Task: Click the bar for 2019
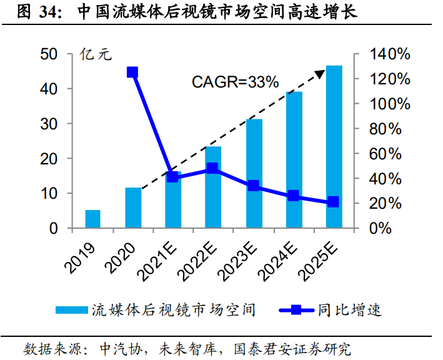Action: (92, 219)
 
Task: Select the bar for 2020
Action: (133, 207)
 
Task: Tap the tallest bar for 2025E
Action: (334, 147)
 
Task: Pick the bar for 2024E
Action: (294, 160)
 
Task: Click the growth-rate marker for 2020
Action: (132, 72)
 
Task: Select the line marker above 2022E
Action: (212, 168)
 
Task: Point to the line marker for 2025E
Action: (333, 202)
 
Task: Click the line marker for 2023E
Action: (253, 186)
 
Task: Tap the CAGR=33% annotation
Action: (234, 82)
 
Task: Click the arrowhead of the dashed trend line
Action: (320, 74)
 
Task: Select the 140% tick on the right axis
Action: (390, 54)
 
